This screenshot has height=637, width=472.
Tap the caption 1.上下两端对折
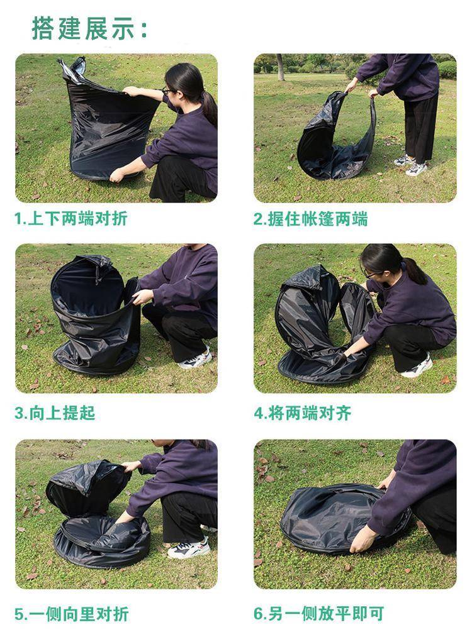pyautogui.click(x=71, y=219)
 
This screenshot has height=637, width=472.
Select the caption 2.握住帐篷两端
pyautogui.click(x=311, y=219)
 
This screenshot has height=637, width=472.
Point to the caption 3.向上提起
pyautogui.click(x=55, y=413)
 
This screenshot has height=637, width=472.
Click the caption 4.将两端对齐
pyautogui.click(x=303, y=413)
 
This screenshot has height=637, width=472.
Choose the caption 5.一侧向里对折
pyautogui.click(x=72, y=614)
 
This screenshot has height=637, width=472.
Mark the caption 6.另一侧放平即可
pyautogui.click(x=318, y=614)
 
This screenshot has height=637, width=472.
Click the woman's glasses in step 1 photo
pyautogui.click(x=167, y=90)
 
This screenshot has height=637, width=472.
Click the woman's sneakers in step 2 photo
pyautogui.click(x=410, y=165)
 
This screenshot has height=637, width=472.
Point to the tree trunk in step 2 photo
pyautogui.click(x=280, y=67)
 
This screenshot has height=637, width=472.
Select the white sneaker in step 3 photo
pyautogui.click(x=196, y=360)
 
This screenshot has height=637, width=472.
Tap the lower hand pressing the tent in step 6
pyautogui.click(x=362, y=538)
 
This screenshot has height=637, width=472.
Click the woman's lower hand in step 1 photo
pyautogui.click(x=117, y=175)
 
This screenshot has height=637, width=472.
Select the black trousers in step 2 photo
pyautogui.click(x=420, y=126)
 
